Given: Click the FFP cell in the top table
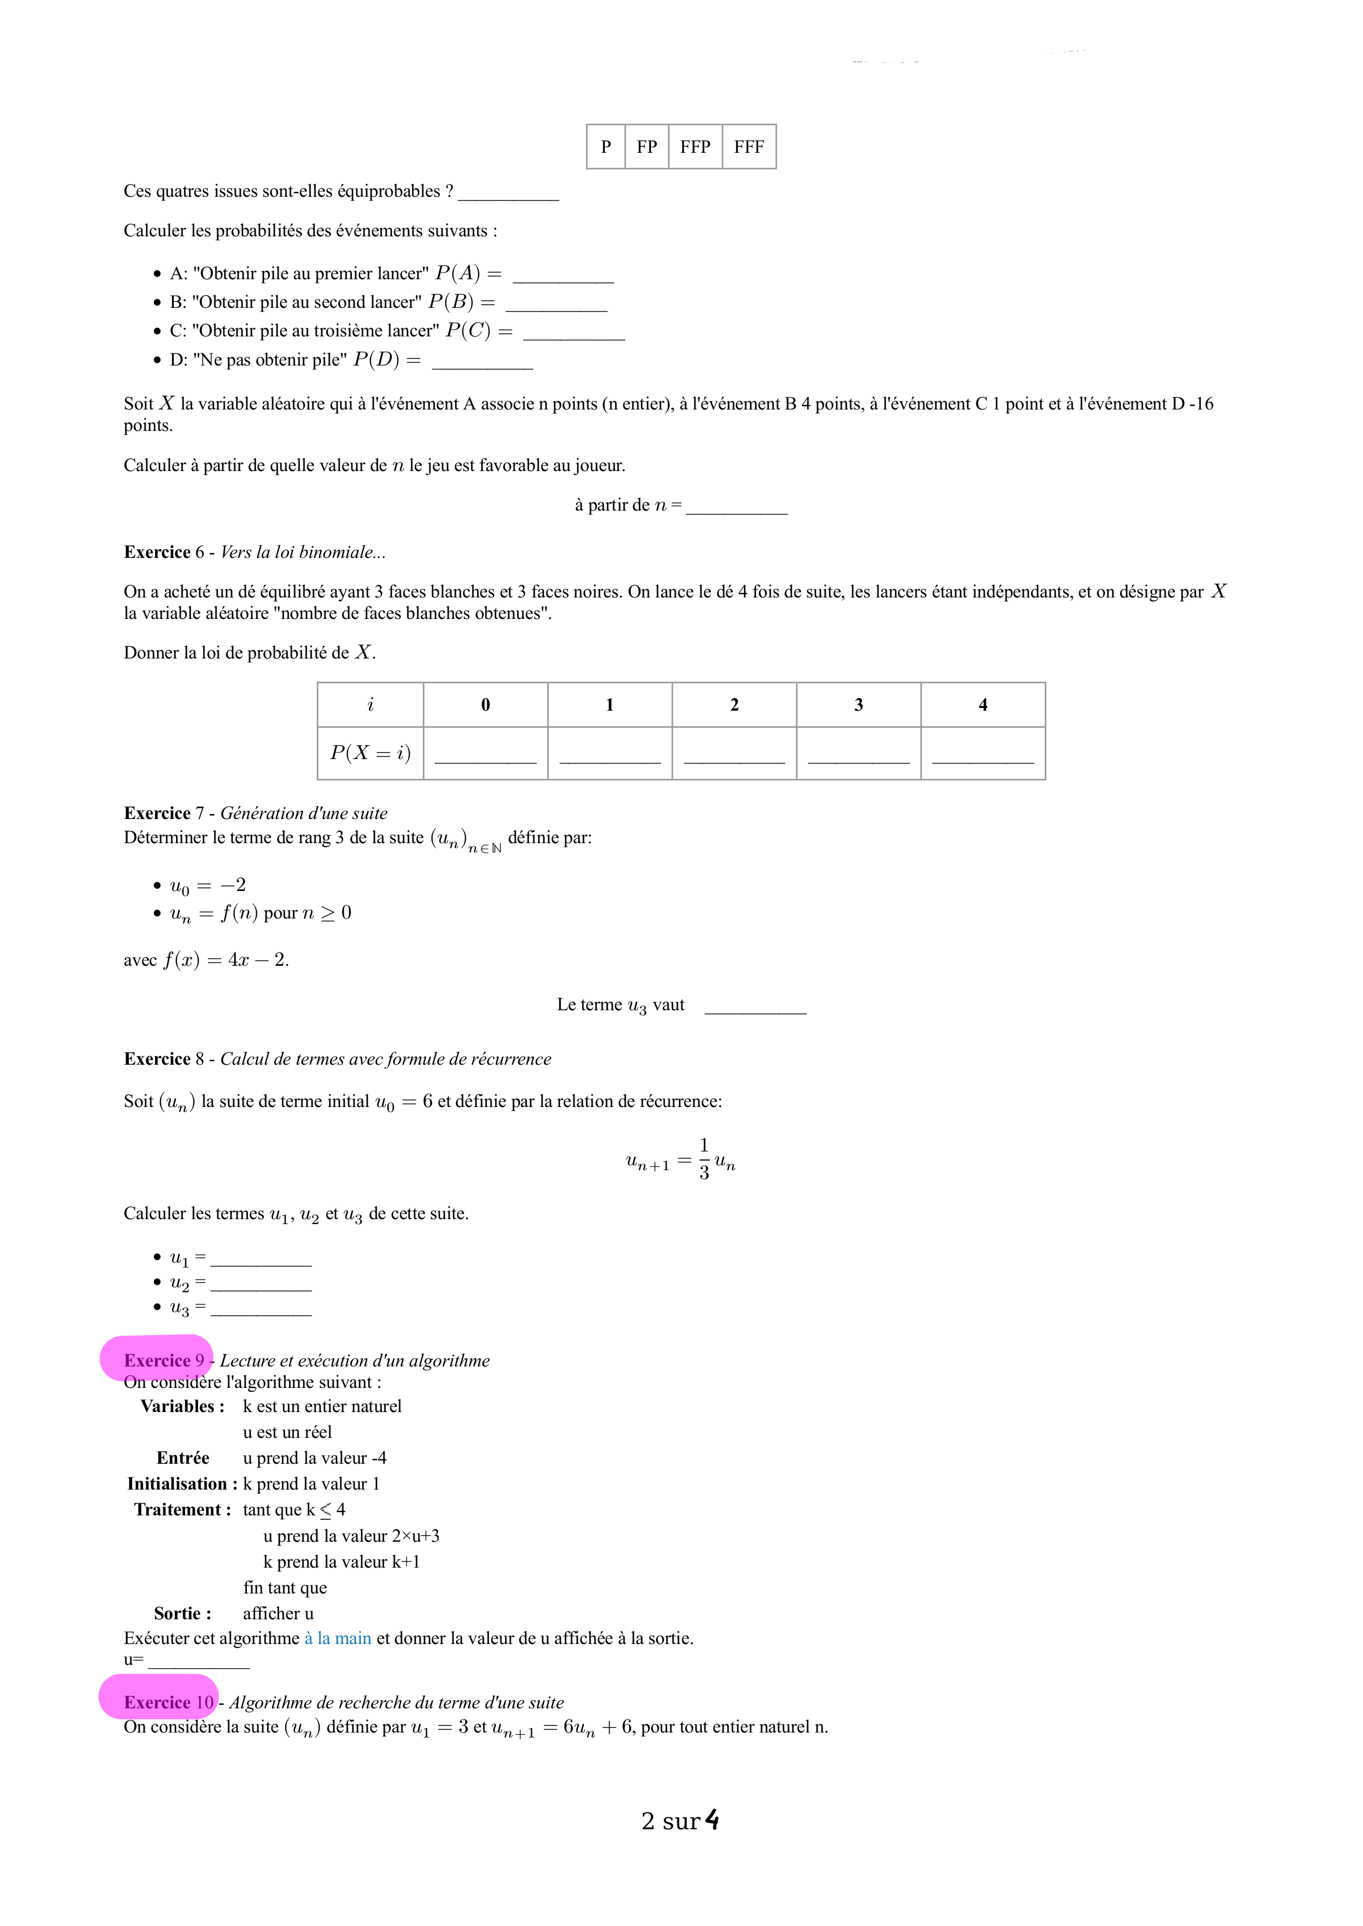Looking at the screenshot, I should (695, 147).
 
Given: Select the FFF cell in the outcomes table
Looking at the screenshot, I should (749, 147).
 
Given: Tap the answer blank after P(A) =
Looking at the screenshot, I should (563, 276).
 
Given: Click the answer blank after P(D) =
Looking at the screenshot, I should (483, 362).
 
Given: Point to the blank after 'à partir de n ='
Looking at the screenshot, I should (737, 507).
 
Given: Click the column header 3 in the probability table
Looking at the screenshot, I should (858, 705).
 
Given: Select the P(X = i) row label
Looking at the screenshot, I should (370, 752).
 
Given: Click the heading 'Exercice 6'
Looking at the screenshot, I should (164, 552).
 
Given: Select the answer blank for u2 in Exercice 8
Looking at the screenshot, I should (261, 1285).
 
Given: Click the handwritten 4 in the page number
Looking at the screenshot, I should (711, 1819).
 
